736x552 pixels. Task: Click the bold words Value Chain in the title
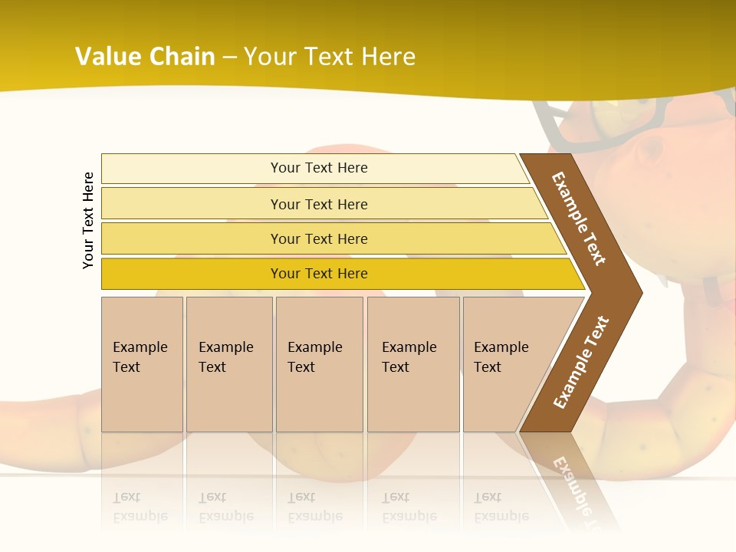(145, 57)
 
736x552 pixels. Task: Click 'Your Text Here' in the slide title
(330, 57)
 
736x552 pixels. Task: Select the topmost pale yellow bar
(192, 169)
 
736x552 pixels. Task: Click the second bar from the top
(192, 204)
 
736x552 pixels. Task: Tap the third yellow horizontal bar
(192, 238)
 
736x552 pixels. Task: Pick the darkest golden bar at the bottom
(192, 274)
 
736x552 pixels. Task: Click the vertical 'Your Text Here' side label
(88, 220)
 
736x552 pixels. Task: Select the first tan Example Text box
(142, 364)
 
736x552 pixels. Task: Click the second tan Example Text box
(228, 364)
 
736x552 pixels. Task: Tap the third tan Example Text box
(318, 364)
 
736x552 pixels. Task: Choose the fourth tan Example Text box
(412, 364)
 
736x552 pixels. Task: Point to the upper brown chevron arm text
(579, 219)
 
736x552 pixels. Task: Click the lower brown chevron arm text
(581, 362)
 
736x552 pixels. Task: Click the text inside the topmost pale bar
(319, 168)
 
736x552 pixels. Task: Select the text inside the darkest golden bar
(319, 274)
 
